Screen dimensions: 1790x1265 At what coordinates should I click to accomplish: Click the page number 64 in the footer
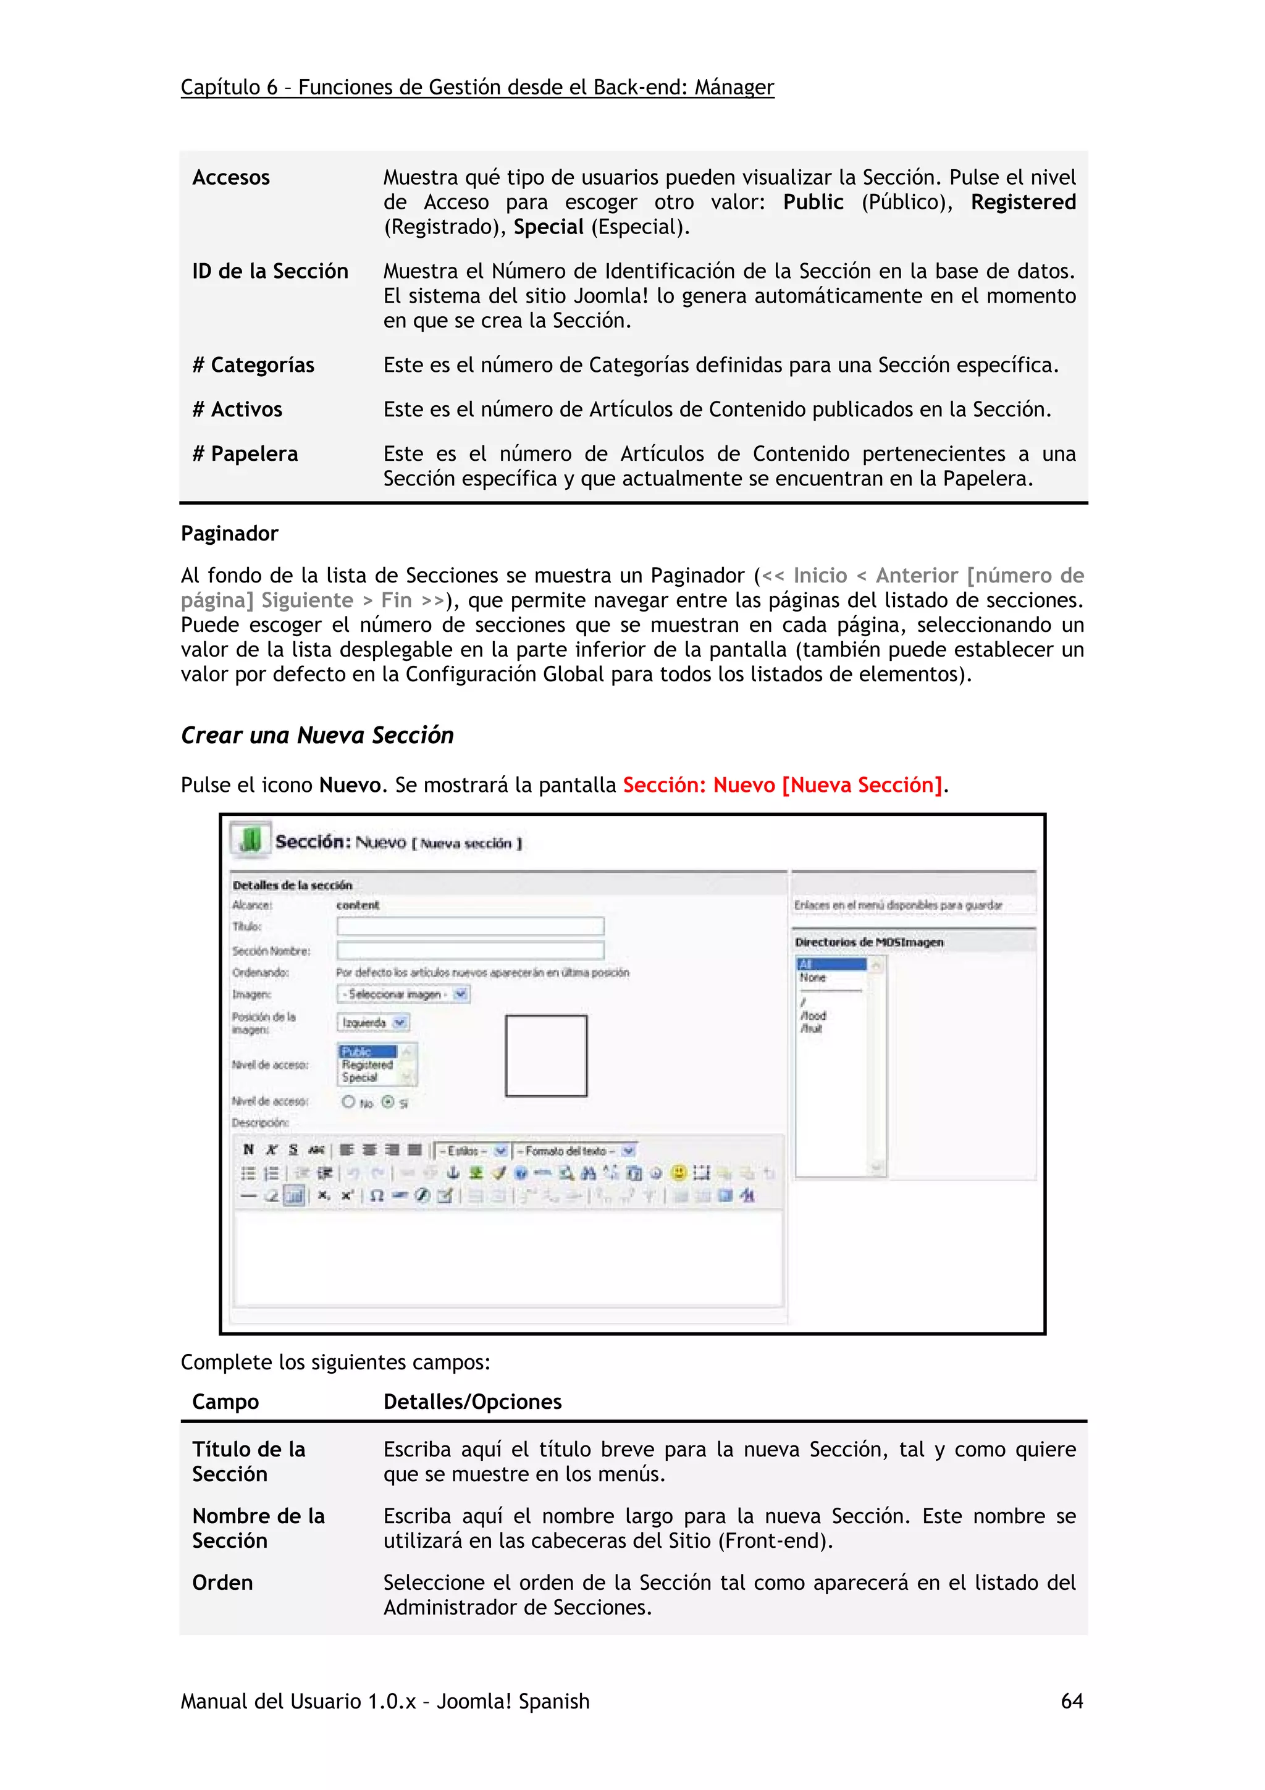point(1071,1700)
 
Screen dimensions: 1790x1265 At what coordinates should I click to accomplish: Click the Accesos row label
point(231,178)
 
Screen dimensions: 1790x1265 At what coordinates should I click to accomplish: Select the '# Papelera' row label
point(245,454)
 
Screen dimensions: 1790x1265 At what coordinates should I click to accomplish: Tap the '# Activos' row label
point(237,410)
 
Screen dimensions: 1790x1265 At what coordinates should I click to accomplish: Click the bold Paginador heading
point(229,533)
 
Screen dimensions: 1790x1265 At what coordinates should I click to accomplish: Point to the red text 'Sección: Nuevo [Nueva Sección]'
point(783,785)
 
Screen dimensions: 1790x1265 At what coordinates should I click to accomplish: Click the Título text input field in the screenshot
point(470,926)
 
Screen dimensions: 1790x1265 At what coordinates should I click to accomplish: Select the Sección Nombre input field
point(470,951)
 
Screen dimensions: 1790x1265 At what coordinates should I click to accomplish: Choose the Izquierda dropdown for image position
point(373,1022)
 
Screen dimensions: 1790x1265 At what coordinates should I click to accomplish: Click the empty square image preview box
point(545,1056)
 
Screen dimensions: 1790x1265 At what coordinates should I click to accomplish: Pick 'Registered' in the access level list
point(367,1064)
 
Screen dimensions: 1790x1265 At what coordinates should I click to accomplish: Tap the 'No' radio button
point(348,1101)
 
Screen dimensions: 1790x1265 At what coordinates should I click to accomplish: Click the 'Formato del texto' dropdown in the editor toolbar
point(574,1151)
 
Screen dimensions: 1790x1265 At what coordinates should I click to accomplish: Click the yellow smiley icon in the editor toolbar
point(678,1172)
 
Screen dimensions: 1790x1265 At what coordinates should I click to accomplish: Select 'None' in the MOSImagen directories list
point(813,978)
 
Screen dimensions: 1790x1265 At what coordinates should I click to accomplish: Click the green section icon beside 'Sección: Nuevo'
point(251,839)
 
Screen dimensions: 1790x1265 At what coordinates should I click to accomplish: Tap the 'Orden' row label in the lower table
point(222,1582)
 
